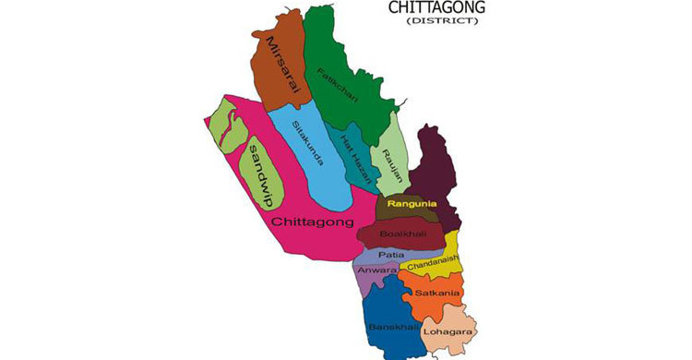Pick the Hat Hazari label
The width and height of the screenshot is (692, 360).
coord(353,158)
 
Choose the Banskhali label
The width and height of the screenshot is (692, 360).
coord(388,327)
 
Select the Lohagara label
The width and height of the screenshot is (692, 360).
coord(449,330)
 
